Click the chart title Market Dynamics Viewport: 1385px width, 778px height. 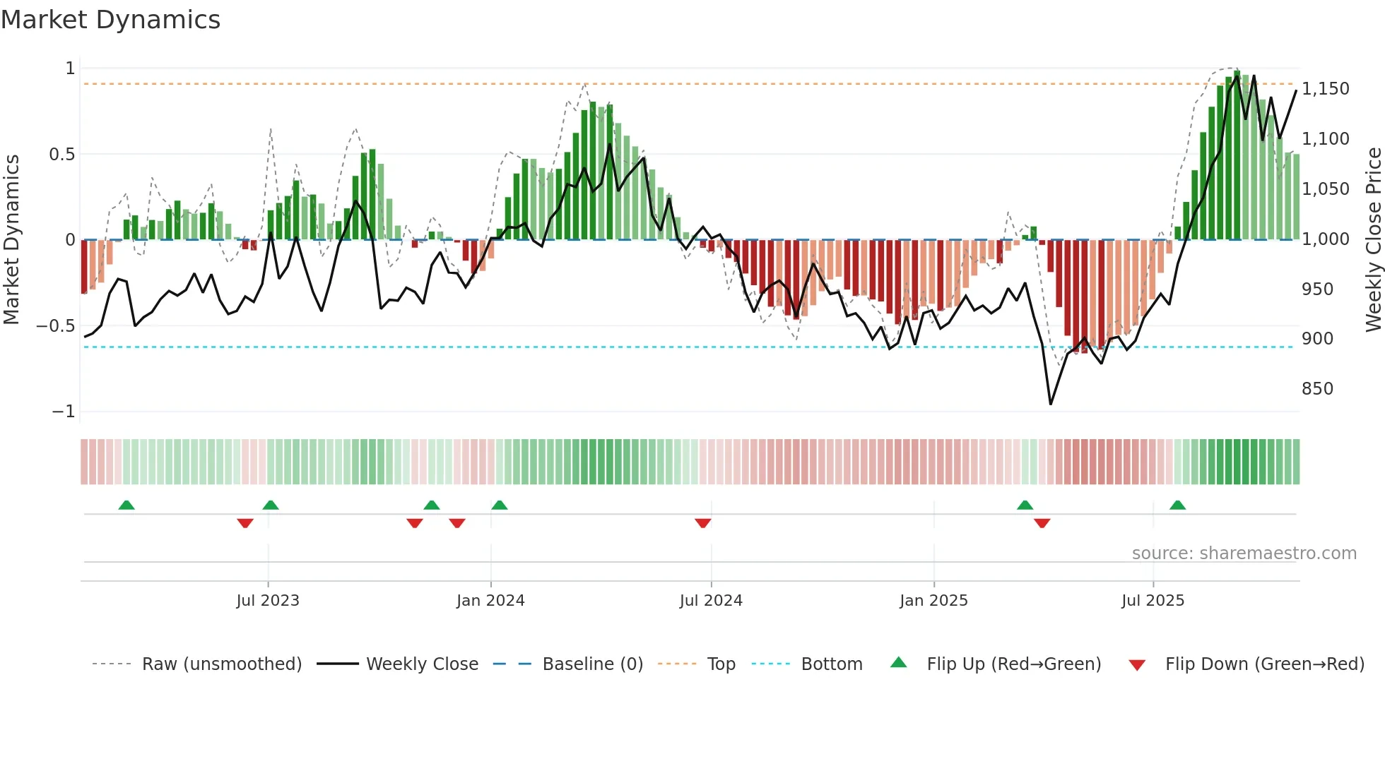(110, 20)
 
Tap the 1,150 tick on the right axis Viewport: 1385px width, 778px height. (1325, 89)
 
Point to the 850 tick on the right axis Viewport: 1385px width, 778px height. (1317, 389)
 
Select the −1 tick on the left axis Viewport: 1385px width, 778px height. (64, 412)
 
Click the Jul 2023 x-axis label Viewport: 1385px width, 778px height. (268, 601)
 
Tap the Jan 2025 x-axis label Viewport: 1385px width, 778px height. (933, 601)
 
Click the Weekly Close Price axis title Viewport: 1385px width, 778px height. (1373, 239)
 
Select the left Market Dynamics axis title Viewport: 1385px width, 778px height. (11, 239)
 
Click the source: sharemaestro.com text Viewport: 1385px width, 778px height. (1244, 553)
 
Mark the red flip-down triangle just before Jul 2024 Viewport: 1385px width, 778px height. (702, 523)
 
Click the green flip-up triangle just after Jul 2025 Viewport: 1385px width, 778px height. (1177, 505)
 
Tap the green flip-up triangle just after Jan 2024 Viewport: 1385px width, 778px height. (500, 505)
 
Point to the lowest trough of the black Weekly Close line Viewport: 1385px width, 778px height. (1051, 404)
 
